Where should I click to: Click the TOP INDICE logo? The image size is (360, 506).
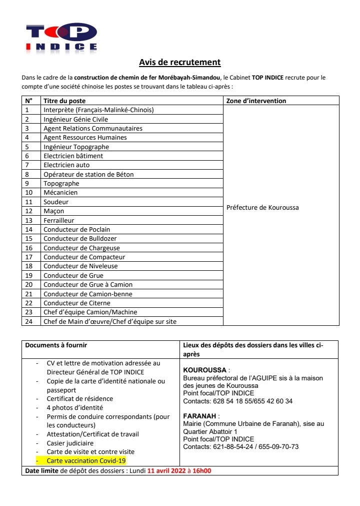pyautogui.click(x=61, y=38)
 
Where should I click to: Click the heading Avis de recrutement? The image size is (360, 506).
pyautogui.click(x=180, y=63)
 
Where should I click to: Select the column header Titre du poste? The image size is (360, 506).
pyautogui.click(x=64, y=101)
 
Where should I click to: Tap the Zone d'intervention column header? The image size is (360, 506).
pyautogui.click(x=256, y=101)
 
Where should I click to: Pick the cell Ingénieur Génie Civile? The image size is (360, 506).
pyautogui.click(x=75, y=119)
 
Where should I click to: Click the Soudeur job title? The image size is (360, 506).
pyautogui.click(x=56, y=202)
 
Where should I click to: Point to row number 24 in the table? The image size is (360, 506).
pyautogui.click(x=29, y=321)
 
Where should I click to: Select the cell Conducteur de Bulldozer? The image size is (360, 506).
pyautogui.click(x=80, y=239)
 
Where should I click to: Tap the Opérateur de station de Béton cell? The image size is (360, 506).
pyautogui.click(x=88, y=174)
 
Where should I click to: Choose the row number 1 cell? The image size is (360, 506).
pyautogui.click(x=27, y=110)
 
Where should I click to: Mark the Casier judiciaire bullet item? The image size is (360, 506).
pyautogui.click(x=70, y=443)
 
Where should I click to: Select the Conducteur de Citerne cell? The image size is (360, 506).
pyautogui.click(x=77, y=303)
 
